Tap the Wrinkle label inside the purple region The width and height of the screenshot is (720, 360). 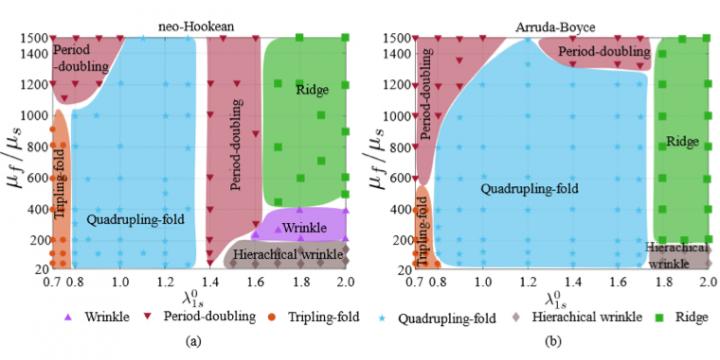point(304,229)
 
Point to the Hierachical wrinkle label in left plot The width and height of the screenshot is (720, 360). point(288,256)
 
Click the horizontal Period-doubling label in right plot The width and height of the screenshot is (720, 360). point(601,51)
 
